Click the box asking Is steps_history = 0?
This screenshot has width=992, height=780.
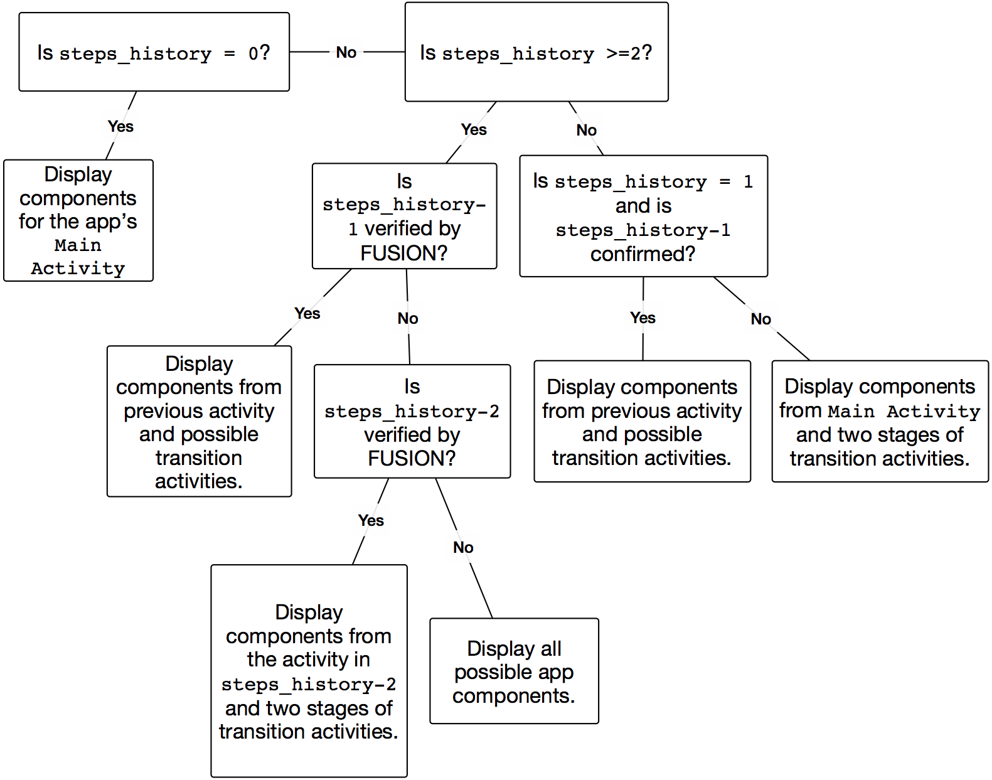click(x=154, y=51)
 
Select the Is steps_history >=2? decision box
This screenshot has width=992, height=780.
click(x=536, y=51)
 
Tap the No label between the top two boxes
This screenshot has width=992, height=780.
click(x=346, y=52)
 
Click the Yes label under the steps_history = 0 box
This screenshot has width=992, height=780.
click(x=120, y=126)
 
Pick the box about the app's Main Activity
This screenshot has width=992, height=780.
click(x=78, y=220)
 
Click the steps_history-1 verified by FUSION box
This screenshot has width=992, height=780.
click(x=404, y=216)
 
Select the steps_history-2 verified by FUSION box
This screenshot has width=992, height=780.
click(x=412, y=421)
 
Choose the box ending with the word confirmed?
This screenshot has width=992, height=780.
click(x=644, y=216)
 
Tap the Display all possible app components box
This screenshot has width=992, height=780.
click(x=514, y=671)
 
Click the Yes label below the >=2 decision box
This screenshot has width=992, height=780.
click(x=474, y=129)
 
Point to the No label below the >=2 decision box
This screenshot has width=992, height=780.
click(x=586, y=130)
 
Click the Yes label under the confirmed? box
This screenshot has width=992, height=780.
click(x=643, y=318)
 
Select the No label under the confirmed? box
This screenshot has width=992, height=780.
click(x=760, y=319)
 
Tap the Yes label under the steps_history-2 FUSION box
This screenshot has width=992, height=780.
click(x=371, y=520)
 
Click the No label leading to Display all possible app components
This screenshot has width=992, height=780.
click(x=463, y=547)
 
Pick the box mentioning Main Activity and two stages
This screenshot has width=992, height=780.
click(x=880, y=421)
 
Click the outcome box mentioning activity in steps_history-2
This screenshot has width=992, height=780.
click(x=309, y=671)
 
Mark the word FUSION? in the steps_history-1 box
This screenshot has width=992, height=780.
click(x=404, y=253)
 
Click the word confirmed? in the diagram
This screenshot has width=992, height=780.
click(x=643, y=254)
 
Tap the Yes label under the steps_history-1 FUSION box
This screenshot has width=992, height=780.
click(x=307, y=314)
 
